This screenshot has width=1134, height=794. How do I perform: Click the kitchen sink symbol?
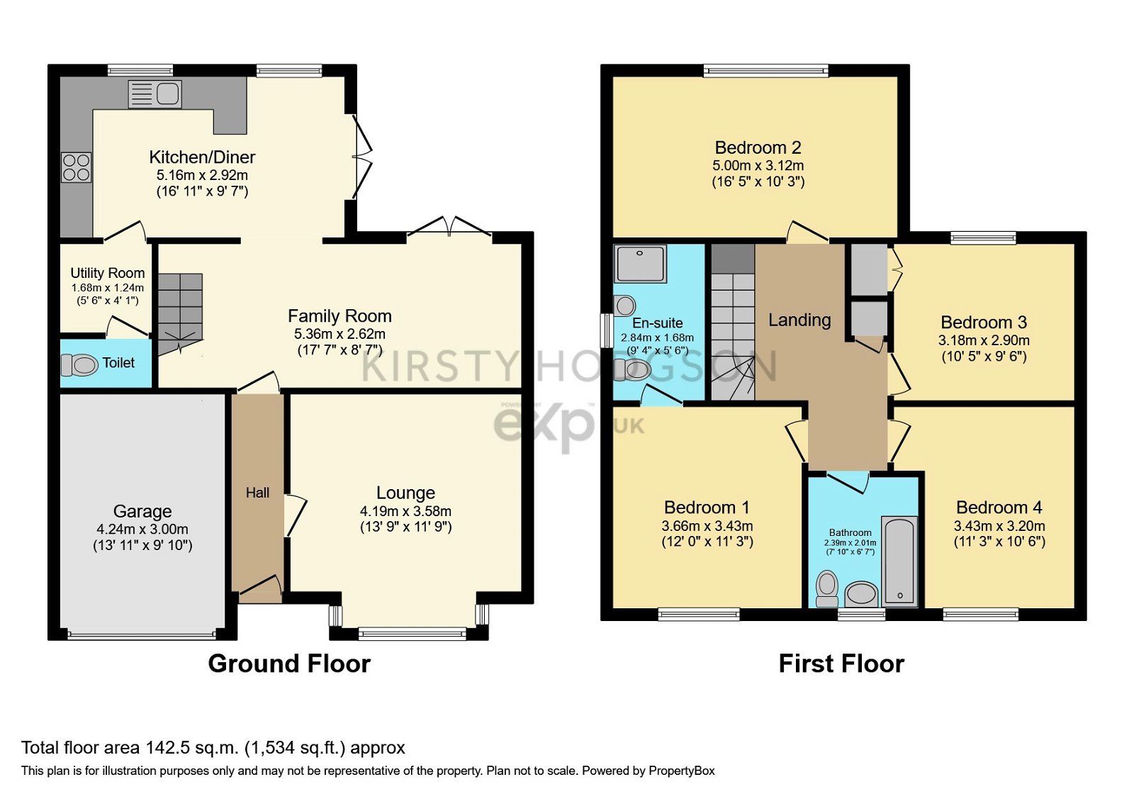(x=155, y=94)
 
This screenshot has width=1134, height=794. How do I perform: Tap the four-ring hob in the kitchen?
(x=76, y=167)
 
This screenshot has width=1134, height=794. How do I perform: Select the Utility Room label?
(x=107, y=273)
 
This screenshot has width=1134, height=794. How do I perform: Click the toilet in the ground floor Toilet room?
(x=79, y=365)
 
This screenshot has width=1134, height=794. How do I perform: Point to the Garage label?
(x=142, y=511)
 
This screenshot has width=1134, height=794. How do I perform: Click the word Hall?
(x=257, y=493)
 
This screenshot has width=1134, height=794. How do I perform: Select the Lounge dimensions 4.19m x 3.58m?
(x=405, y=511)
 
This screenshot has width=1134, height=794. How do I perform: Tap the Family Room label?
(x=339, y=316)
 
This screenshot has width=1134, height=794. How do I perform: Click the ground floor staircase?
(x=180, y=312)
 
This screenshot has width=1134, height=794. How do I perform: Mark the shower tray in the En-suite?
(x=641, y=264)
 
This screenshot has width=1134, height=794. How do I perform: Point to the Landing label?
(x=799, y=320)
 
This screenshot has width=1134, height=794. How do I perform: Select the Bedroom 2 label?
(x=758, y=147)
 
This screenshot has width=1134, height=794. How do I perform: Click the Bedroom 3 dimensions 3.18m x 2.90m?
(x=984, y=340)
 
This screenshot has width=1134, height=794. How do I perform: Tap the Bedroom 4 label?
(x=999, y=508)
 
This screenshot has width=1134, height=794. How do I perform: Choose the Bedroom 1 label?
(x=707, y=508)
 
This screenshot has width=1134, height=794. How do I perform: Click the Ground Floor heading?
(x=289, y=664)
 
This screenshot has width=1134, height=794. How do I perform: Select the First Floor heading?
(x=841, y=664)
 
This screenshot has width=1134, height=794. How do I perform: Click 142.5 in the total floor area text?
(x=167, y=748)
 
